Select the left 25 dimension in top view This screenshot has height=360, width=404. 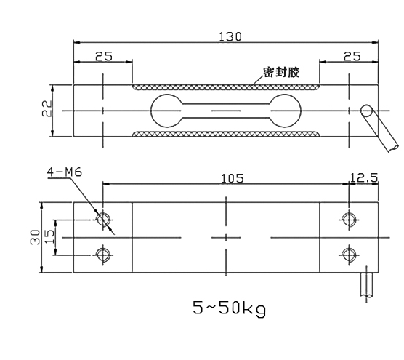pyautogui.click(x=103, y=55)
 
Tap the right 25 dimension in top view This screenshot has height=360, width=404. pyautogui.click(x=352, y=55)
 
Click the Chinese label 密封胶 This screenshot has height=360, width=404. pyautogui.click(x=283, y=73)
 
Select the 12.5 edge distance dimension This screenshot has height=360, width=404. pyautogui.click(x=363, y=178)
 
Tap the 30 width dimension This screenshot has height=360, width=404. pyautogui.click(x=35, y=237)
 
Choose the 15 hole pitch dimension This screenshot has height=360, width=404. pyautogui.click(x=49, y=236)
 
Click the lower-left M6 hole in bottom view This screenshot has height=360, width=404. pyautogui.click(x=103, y=254)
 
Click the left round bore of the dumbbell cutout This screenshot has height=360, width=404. pyautogui.click(x=164, y=111)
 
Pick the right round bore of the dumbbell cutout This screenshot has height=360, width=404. pyautogui.click(x=286, y=111)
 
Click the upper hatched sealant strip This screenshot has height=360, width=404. pyautogui.click(x=225, y=87)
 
